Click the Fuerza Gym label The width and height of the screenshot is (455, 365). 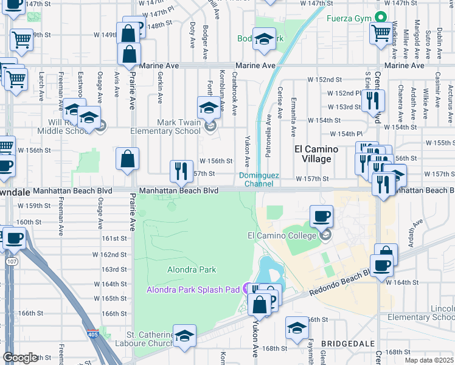tap(349, 18)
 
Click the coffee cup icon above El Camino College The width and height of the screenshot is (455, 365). tap(321, 216)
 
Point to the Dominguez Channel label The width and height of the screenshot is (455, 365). tap(259, 179)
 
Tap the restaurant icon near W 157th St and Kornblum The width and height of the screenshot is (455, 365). tap(180, 170)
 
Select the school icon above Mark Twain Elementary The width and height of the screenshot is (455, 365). tap(209, 108)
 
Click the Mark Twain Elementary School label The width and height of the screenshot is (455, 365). tap(179, 127)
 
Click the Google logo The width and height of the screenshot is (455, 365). tap(20, 358)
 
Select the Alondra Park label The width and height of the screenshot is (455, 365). tap(192, 269)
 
